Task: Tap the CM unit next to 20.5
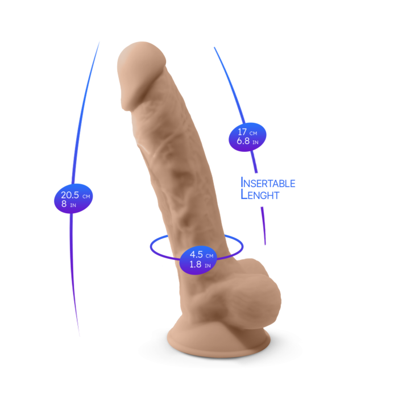coord(86,196)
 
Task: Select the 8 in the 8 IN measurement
coord(64,204)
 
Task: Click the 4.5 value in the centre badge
coord(197,255)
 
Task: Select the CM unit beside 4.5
coord(210,256)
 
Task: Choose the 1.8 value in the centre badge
coord(195,264)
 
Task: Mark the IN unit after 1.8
coord(208,266)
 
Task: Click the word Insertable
coord(268,183)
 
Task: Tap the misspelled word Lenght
coord(260,194)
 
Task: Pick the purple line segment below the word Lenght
coord(263,225)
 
